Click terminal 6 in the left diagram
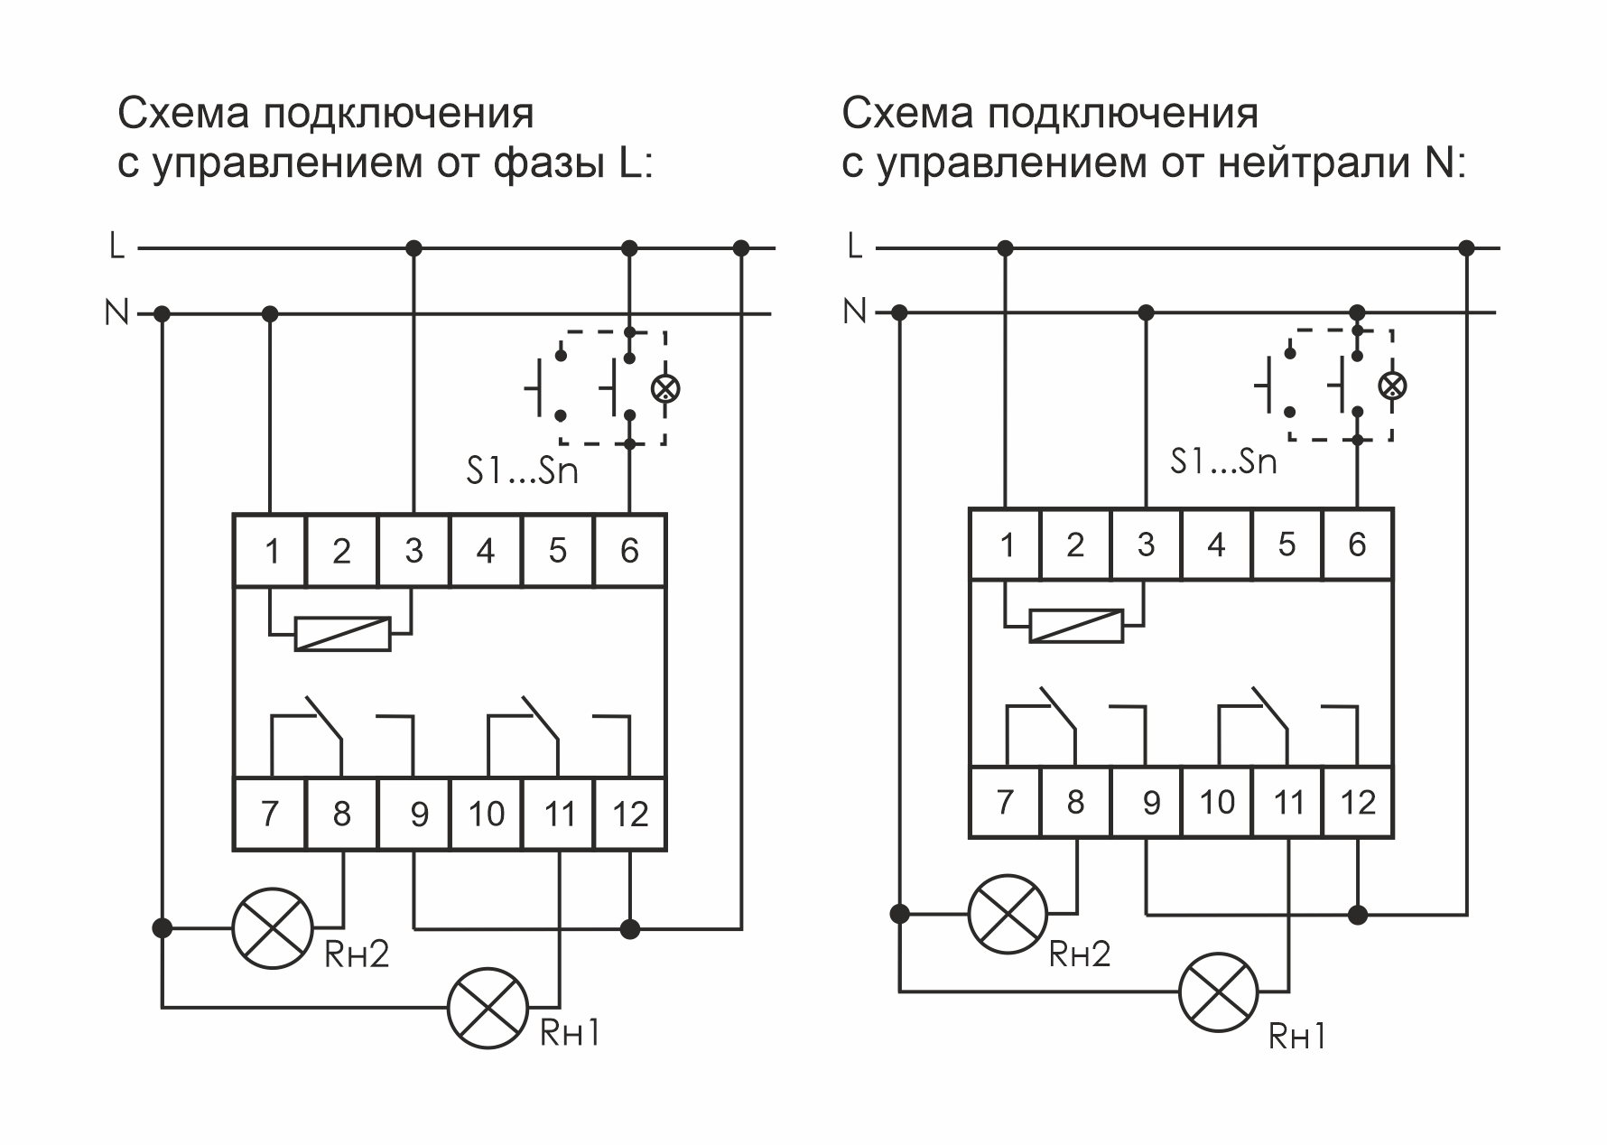[630, 551]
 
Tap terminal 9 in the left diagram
[413, 814]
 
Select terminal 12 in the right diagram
[1358, 802]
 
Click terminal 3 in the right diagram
[1146, 545]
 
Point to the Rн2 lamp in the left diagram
[273, 927]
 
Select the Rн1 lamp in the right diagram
[1219, 991]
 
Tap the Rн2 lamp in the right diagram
[1008, 914]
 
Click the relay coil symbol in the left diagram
[343, 634]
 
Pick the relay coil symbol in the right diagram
[1077, 626]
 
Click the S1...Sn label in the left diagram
[522, 471]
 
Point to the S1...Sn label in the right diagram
[1223, 462]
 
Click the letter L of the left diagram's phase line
[116, 246]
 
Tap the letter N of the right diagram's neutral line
[853, 312]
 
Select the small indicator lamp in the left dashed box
[665, 389]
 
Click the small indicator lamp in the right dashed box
[1392, 386]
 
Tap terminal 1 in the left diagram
[271, 551]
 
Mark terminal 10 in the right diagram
[1216, 802]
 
